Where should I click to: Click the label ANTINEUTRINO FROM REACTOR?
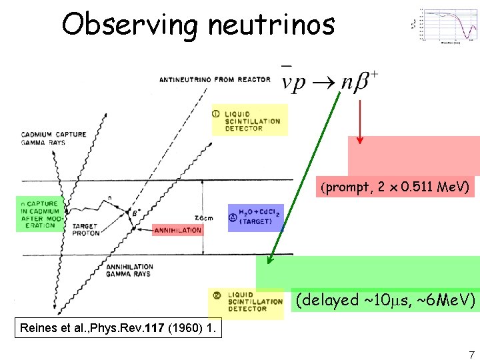click(215, 80)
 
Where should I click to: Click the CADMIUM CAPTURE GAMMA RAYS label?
click(54, 139)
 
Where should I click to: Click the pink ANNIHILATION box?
click(177, 231)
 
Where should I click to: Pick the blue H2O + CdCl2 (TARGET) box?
click(255, 217)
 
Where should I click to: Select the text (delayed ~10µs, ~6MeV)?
click(385, 300)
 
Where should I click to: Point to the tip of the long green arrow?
click(269, 265)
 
